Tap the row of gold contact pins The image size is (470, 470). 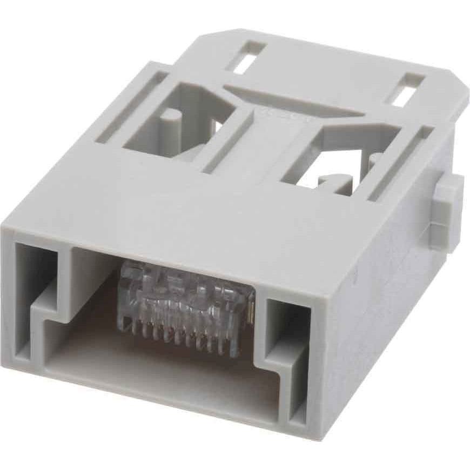[x=178, y=332]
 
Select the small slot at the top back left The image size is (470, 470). [x=246, y=57]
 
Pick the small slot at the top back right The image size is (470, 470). [x=406, y=89]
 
